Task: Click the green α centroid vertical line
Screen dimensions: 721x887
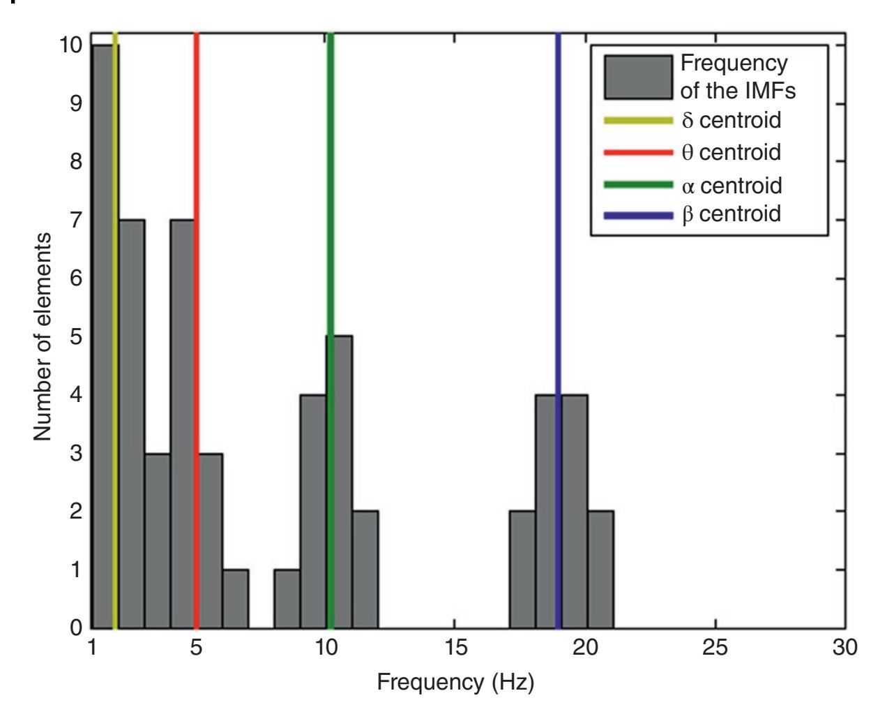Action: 331,209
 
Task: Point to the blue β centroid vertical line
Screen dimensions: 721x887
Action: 558,209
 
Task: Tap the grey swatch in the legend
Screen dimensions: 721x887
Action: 639,77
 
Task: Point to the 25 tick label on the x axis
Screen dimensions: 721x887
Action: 715,647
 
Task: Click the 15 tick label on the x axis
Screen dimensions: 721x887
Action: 455,647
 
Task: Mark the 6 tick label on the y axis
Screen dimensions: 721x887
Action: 77,278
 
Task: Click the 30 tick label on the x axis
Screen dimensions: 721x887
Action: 845,647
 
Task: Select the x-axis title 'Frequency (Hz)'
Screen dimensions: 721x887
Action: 455,682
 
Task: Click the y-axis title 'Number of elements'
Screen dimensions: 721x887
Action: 43,336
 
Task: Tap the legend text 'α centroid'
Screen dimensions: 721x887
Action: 731,186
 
